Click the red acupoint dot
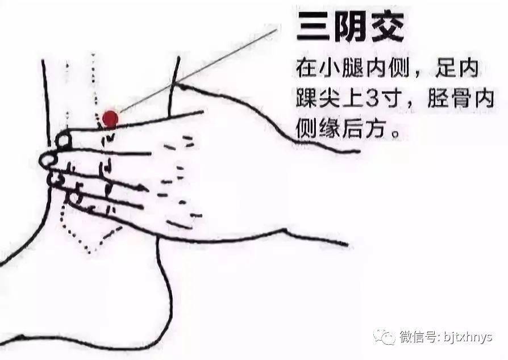[x=110, y=119]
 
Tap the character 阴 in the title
[x=350, y=27]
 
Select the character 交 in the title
[x=387, y=27]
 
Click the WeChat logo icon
[x=384, y=336]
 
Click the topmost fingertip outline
[x=64, y=140]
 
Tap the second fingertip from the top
[x=48, y=160]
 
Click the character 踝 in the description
[x=306, y=98]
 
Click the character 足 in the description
[x=445, y=68]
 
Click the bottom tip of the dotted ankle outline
[x=90, y=251]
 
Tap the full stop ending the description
[x=394, y=133]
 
